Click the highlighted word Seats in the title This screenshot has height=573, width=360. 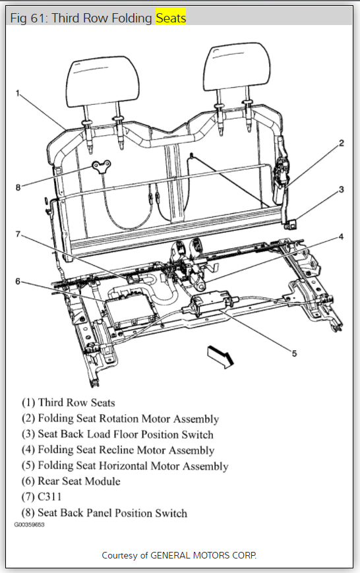click(x=171, y=18)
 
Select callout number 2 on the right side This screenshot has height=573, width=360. click(x=341, y=143)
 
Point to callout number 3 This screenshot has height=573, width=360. click(x=341, y=189)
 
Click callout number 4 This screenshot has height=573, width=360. click(x=341, y=237)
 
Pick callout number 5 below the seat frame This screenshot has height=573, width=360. click(x=294, y=353)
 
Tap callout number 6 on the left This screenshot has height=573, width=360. click(x=18, y=282)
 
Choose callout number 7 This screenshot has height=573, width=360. click(x=18, y=234)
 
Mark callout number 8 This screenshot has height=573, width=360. click(x=18, y=188)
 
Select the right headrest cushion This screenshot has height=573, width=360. click(x=237, y=68)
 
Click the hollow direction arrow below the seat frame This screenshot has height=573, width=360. click(x=220, y=356)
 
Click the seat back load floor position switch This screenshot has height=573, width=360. click(x=291, y=224)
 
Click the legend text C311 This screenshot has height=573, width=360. click(x=49, y=497)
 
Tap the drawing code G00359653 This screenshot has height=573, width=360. click(x=29, y=524)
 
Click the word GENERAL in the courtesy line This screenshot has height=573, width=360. click(x=170, y=555)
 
